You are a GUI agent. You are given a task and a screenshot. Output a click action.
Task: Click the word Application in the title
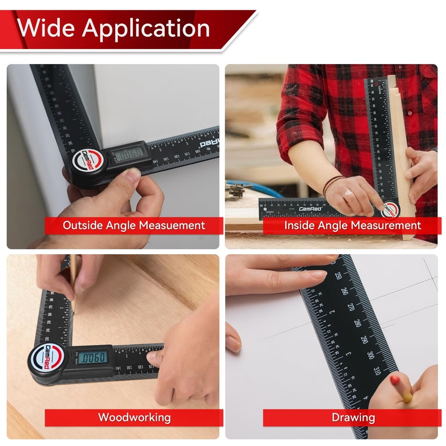145,29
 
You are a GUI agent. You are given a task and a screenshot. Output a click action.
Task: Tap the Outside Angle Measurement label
134,225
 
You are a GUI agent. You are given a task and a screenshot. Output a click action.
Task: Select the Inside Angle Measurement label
352,225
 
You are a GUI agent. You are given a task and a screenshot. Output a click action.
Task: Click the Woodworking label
134,417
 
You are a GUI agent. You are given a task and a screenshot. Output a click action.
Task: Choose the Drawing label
353,417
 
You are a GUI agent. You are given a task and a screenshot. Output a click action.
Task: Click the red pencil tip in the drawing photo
395,381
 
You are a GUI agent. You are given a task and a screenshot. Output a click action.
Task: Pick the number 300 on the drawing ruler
371,355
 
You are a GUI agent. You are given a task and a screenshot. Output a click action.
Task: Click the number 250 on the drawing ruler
339,276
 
